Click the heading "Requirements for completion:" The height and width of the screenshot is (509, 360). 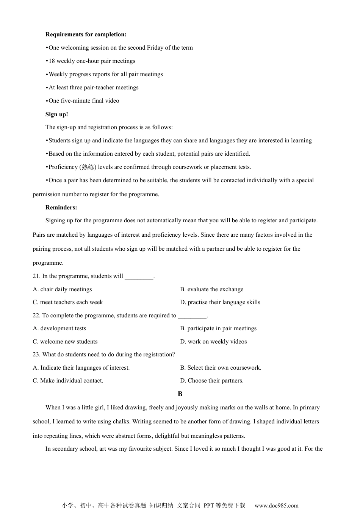[86, 34]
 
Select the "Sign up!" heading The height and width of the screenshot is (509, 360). [57, 114]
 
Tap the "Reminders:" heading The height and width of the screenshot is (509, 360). [61, 208]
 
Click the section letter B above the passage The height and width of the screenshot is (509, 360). [180, 394]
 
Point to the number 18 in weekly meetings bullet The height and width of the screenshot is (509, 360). [52, 61]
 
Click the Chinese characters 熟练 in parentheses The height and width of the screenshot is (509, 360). [88, 167]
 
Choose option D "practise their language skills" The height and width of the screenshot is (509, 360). [220, 302]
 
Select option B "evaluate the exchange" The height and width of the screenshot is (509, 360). [212, 289]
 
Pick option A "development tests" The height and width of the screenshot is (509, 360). [59, 328]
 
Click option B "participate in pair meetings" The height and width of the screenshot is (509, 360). [218, 328]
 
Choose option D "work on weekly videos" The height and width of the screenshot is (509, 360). [213, 342]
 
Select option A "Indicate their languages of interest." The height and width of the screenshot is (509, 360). [81, 368]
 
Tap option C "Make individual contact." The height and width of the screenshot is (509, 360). [68, 381]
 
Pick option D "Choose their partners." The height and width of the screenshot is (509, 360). [212, 381]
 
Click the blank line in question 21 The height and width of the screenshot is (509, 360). [139, 277]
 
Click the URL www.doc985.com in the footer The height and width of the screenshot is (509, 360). [276, 505]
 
